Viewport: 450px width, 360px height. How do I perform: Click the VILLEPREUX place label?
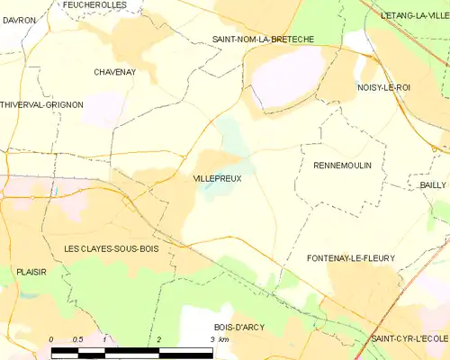click(217, 179)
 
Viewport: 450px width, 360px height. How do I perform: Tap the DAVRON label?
click(19, 20)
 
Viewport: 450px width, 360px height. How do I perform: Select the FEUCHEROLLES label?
click(95, 5)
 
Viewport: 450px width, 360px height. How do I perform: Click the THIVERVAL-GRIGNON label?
click(42, 105)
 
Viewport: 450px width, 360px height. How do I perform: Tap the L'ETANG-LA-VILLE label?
click(414, 15)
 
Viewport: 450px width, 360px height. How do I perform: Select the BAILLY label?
click(433, 184)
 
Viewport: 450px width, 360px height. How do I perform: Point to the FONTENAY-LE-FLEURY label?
click(351, 258)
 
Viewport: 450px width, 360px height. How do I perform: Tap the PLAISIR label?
click(31, 271)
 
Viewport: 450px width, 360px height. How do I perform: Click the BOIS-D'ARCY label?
click(239, 327)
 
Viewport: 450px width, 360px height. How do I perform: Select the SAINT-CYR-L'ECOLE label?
click(409, 337)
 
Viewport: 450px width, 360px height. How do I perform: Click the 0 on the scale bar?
click(51, 339)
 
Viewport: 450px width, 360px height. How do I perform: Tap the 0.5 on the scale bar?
click(78, 339)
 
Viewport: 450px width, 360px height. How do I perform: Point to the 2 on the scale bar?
click(158, 339)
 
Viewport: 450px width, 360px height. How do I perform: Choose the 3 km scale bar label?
click(218, 339)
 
